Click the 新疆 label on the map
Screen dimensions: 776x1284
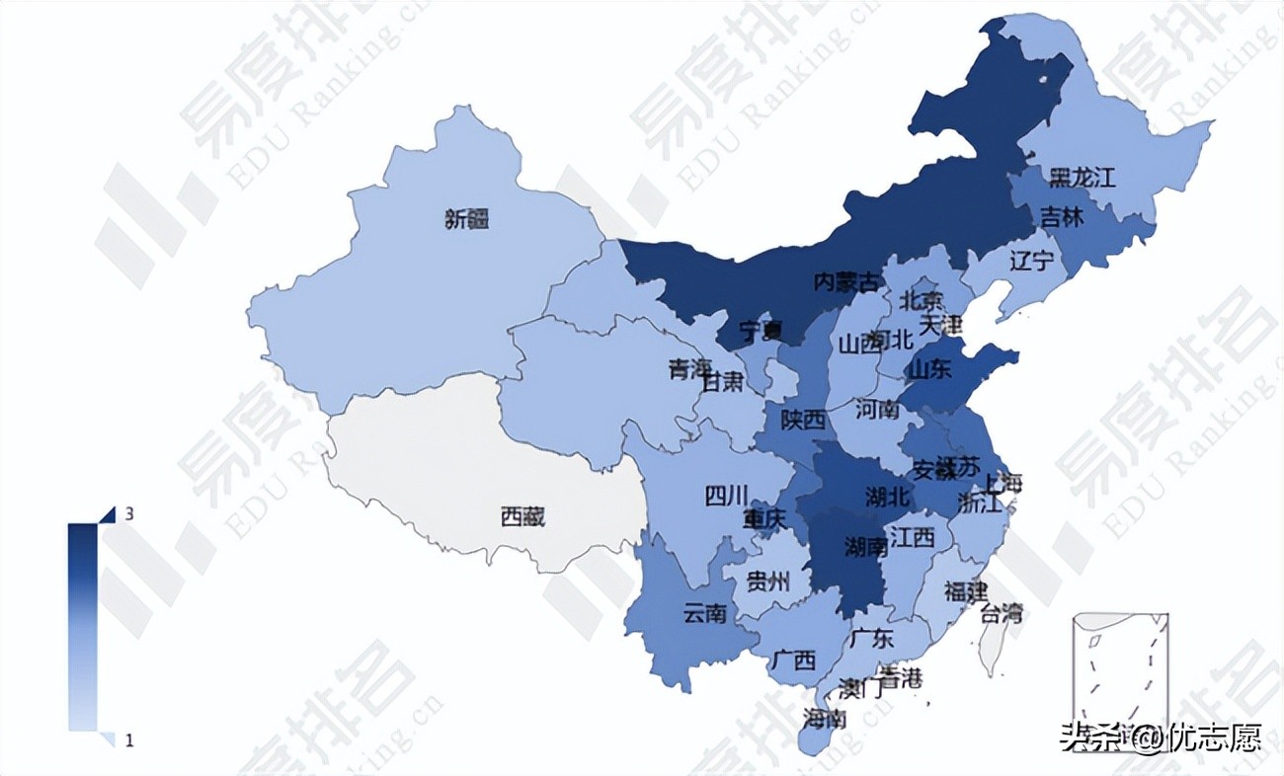pyautogui.click(x=466, y=220)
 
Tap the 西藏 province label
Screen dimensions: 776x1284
pyautogui.click(x=522, y=514)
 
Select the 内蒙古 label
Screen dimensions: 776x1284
pyautogui.click(x=844, y=282)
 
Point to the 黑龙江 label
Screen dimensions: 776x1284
pyautogui.click(x=1082, y=178)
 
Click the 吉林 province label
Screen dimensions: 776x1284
pyautogui.click(x=1062, y=218)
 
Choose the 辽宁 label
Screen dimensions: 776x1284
pyautogui.click(x=1032, y=262)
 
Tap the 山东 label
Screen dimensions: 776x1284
pyautogui.click(x=929, y=370)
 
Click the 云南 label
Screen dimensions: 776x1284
pyautogui.click(x=705, y=613)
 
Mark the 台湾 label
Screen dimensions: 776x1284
pyautogui.click(x=1001, y=613)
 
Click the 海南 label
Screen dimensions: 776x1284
pyautogui.click(x=825, y=717)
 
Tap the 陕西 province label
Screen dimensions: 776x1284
pyautogui.click(x=803, y=421)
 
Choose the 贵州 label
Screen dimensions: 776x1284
pyautogui.click(x=767, y=581)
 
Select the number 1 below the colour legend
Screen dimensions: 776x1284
pyautogui.click(x=129, y=739)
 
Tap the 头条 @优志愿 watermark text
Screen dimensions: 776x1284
pyautogui.click(x=1161, y=737)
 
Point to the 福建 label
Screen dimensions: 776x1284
pyautogui.click(x=965, y=592)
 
